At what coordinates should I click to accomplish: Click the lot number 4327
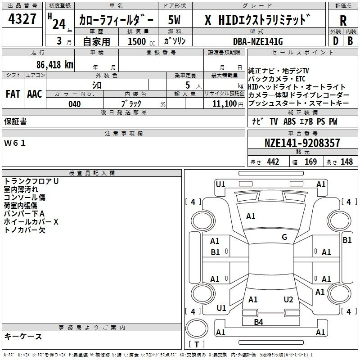(x=22, y=19)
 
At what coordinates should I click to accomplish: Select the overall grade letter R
(x=343, y=20)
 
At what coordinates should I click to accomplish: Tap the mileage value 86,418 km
(x=54, y=64)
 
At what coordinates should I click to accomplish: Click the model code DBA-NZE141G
(x=258, y=41)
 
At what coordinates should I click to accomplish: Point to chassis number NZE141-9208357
(x=302, y=143)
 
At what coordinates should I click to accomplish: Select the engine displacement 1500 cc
(x=141, y=41)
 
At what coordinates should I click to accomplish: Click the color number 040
(x=74, y=104)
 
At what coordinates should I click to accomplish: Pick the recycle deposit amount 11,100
(x=224, y=103)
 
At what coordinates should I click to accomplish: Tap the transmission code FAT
(x=13, y=94)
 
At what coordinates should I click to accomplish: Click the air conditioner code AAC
(x=35, y=94)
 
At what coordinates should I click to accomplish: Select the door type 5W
(x=174, y=20)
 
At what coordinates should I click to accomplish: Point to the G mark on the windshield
(x=284, y=237)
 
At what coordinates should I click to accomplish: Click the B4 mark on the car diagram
(x=258, y=322)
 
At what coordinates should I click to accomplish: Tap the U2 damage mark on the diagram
(x=288, y=299)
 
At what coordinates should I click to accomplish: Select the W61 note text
(x=15, y=143)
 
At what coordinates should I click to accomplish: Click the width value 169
(x=310, y=162)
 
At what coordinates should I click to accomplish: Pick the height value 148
(x=346, y=162)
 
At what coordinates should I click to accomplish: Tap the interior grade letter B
(x=350, y=41)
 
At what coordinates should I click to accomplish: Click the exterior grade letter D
(x=336, y=41)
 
